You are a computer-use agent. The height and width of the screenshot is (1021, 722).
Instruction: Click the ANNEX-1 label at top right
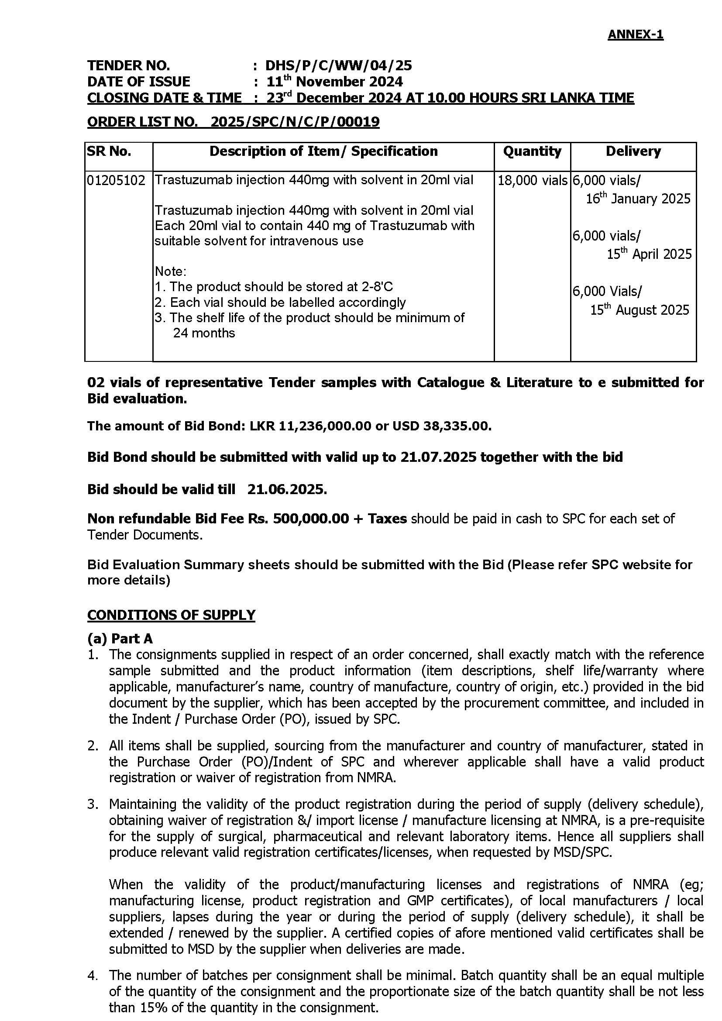tap(635, 34)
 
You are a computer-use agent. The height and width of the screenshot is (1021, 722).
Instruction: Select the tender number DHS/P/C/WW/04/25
tap(338, 66)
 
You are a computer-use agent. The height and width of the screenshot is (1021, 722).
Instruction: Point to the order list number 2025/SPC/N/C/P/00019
tap(295, 122)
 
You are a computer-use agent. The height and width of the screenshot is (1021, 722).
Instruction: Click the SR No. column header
tap(110, 151)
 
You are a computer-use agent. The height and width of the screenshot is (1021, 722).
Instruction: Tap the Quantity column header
tap(532, 151)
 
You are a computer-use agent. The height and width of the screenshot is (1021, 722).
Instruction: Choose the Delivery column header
tap(633, 151)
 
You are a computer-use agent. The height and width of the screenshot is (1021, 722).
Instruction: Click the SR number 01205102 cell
tap(116, 181)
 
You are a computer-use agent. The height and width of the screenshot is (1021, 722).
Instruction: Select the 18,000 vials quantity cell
tap(533, 181)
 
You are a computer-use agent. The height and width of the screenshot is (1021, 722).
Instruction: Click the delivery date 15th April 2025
tap(649, 254)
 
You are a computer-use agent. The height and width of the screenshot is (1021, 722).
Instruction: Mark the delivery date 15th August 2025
tap(639, 310)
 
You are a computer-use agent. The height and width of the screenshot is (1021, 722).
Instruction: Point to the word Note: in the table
tap(171, 271)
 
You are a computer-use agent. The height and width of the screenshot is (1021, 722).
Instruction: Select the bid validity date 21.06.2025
tap(287, 489)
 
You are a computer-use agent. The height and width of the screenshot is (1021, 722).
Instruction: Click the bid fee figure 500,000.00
tap(311, 519)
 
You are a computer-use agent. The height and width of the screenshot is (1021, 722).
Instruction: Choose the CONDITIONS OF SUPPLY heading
tap(171, 615)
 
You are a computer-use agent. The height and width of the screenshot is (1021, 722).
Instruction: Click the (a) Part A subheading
tap(120, 639)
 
